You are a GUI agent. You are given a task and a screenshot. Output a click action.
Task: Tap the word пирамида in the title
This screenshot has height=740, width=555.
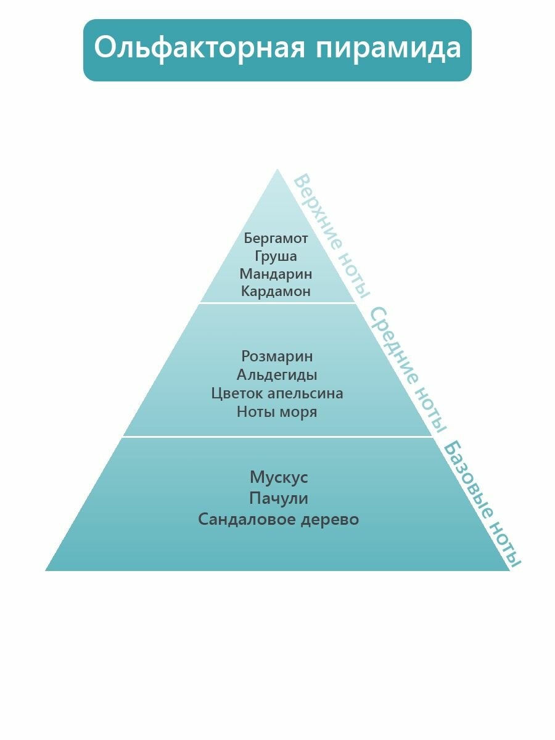click(x=388, y=49)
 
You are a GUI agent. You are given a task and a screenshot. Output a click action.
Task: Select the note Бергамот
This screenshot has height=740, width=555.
click(x=276, y=238)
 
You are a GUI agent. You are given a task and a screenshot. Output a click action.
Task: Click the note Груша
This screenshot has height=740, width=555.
click(x=276, y=256)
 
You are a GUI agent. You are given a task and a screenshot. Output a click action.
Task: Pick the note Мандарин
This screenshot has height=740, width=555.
click(x=276, y=274)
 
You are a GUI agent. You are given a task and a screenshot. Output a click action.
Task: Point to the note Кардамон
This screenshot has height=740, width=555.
click(x=276, y=292)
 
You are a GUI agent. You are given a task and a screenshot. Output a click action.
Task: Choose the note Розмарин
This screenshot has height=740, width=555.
click(x=277, y=356)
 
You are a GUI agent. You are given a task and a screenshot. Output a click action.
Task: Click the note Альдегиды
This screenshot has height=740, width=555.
click(x=277, y=375)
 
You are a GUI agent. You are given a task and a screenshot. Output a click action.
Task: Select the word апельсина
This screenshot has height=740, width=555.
click(x=305, y=393)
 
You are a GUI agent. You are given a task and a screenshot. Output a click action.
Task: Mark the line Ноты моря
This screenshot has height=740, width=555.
click(x=277, y=412)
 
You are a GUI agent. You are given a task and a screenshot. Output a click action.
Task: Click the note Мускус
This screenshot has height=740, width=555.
click(x=279, y=477)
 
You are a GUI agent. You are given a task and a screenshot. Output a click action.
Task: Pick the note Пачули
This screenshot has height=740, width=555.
click(x=279, y=498)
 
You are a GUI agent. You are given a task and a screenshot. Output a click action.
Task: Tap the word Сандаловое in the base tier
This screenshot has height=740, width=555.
click(x=246, y=519)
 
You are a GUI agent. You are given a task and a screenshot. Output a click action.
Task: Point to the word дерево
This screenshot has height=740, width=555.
click(x=330, y=519)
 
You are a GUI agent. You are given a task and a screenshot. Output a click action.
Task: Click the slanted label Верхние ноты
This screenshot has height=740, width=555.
click(x=332, y=236)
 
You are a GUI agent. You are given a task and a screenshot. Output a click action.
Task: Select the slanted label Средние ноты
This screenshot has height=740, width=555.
click(x=408, y=370)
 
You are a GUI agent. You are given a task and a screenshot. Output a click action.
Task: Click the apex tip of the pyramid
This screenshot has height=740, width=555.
click(x=277, y=171)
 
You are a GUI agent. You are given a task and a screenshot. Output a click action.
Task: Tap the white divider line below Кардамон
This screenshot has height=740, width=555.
click(x=277, y=303)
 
